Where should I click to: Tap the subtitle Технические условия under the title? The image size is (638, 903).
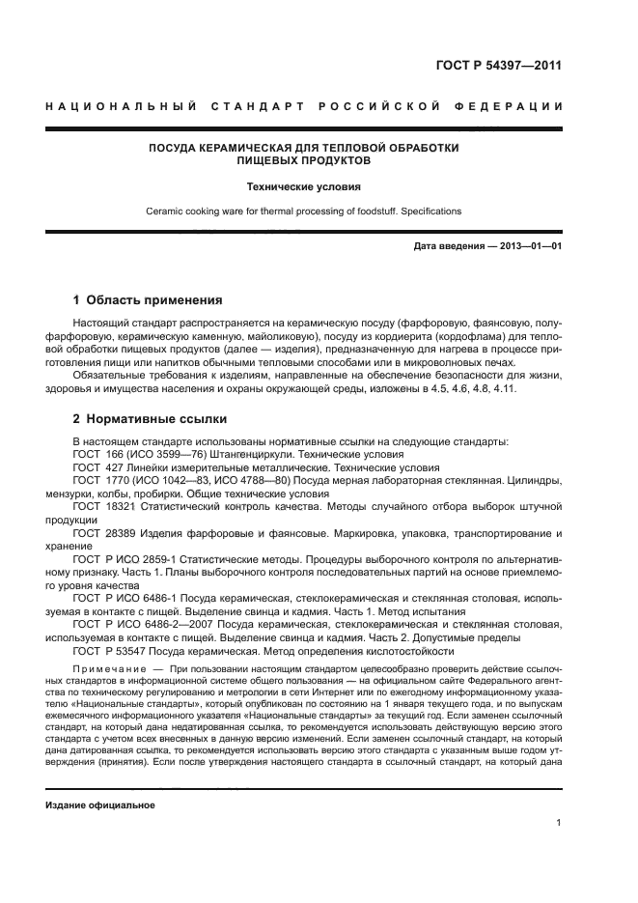pyautogui.click(x=303, y=186)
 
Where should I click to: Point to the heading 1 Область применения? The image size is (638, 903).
pyautogui.click(x=148, y=300)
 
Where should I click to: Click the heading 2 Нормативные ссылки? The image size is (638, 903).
pyautogui.click(x=151, y=420)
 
